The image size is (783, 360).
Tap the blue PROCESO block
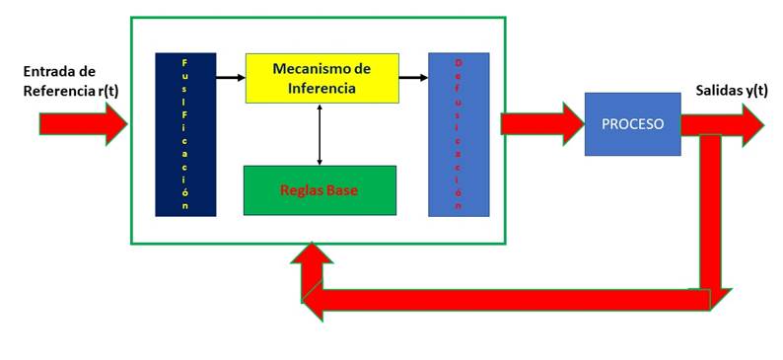632,124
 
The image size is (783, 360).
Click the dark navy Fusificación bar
184,133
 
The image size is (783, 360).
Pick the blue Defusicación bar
459,133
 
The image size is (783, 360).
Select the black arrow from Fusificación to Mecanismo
230,75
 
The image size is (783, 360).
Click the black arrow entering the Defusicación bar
413,75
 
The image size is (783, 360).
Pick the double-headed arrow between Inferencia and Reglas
320,134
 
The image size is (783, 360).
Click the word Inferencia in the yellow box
321,89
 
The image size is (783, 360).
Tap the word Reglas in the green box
301,190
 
